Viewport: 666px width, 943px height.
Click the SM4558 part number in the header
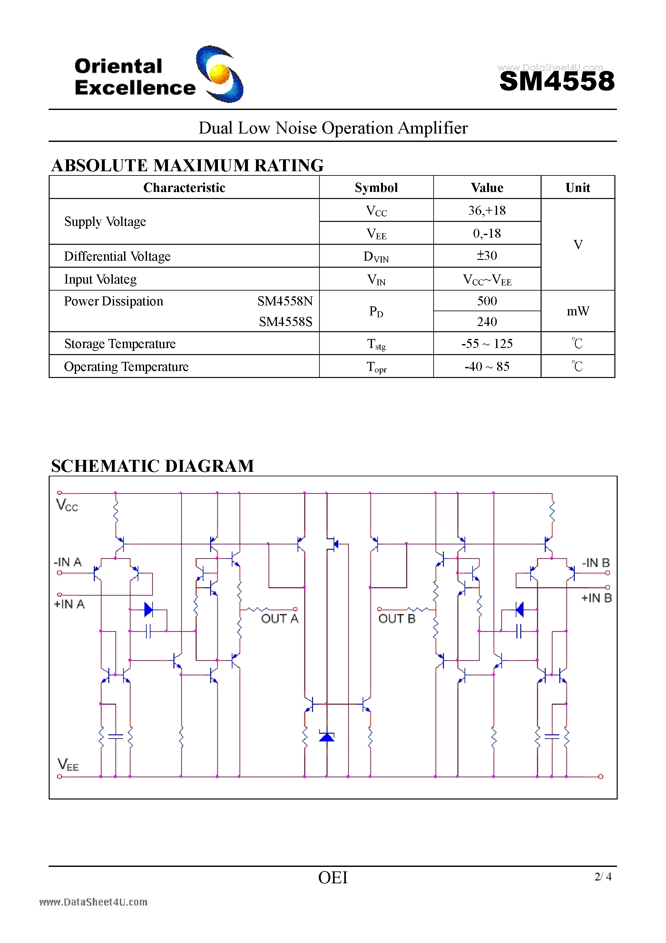(x=557, y=81)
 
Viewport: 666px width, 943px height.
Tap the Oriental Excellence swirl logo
(x=220, y=74)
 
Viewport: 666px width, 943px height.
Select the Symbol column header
(x=376, y=188)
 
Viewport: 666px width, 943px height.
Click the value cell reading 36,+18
(x=487, y=211)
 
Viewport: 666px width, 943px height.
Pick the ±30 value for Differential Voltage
(x=487, y=256)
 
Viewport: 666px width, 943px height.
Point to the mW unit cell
(x=578, y=311)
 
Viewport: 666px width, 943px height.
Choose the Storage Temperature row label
(x=120, y=344)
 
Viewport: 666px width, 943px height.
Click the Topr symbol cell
(x=377, y=367)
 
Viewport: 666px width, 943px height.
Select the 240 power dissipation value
(x=487, y=322)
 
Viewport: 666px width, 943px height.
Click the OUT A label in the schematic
(x=279, y=619)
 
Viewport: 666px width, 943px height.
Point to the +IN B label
(x=596, y=598)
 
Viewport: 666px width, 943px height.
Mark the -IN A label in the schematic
(x=68, y=562)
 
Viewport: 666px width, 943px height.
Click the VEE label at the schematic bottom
(x=68, y=765)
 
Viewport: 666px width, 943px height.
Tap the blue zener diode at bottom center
(x=327, y=736)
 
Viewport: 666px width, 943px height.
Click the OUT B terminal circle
(x=379, y=609)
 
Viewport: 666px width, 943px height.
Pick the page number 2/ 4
(x=603, y=877)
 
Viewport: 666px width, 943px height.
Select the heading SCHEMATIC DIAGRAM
(x=153, y=466)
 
